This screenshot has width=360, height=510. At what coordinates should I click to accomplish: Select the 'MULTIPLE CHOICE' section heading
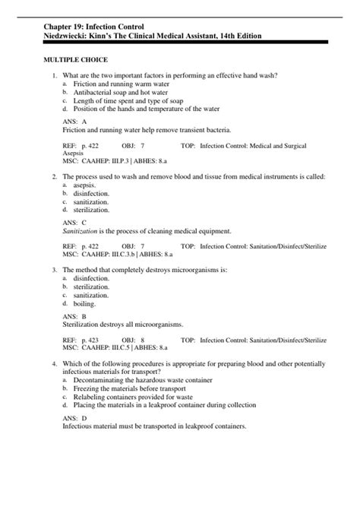75,59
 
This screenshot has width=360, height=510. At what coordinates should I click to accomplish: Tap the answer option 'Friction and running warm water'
115,83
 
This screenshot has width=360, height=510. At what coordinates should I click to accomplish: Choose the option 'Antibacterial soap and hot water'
118,91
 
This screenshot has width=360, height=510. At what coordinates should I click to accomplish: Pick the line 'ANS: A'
75,122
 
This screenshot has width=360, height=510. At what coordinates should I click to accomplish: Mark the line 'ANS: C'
75,223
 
